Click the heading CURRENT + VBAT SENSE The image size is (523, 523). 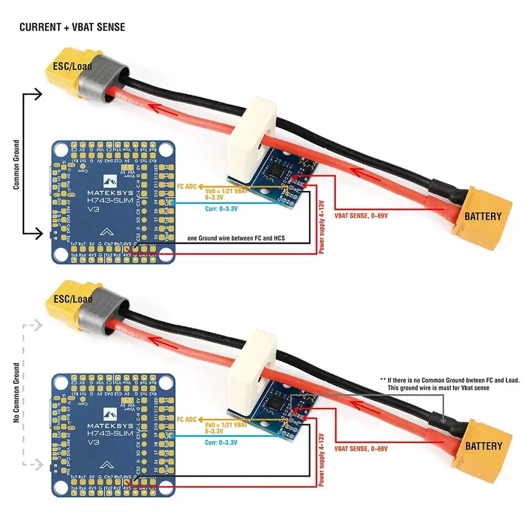[x=72, y=27]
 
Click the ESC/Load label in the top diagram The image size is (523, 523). [x=74, y=65]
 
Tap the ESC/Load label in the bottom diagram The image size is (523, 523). [x=74, y=299]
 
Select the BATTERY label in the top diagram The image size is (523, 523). [x=483, y=216]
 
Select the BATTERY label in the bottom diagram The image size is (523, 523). [x=483, y=447]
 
